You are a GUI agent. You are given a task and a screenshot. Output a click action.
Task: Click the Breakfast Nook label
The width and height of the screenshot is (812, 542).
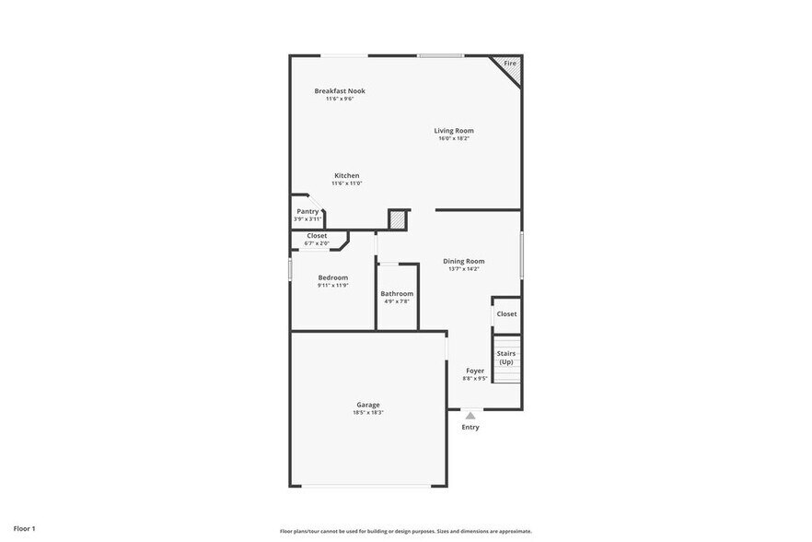point(340,90)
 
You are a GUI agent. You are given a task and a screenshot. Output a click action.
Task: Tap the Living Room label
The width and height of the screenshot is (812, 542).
point(454,131)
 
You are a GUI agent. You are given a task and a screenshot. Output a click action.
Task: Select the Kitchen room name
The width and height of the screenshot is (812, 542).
point(346,175)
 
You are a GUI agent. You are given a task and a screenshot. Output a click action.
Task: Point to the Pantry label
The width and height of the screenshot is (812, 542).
point(307,211)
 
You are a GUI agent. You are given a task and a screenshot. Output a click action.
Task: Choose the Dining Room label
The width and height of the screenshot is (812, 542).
point(463,261)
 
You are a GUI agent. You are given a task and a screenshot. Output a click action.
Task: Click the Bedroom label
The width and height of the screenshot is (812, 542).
point(332,277)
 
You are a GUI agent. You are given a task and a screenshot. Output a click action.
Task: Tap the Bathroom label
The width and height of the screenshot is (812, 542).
point(397,294)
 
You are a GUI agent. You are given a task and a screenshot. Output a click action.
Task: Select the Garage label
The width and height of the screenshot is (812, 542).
point(368,405)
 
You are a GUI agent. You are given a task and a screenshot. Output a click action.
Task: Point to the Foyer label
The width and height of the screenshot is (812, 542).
point(475,371)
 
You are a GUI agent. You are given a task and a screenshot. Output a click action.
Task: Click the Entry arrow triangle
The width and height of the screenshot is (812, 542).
point(470,416)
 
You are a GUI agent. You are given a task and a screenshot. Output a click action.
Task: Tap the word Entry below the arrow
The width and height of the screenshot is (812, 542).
point(470,427)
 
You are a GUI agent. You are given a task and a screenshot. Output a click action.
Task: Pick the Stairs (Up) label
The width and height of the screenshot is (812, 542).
point(506,357)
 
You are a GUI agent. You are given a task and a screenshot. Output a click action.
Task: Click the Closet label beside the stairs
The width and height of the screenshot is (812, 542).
point(506,313)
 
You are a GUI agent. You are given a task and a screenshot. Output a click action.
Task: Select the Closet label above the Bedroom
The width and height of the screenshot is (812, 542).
point(317,235)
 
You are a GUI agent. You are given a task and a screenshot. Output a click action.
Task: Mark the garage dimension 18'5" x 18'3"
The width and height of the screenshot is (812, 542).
point(368,412)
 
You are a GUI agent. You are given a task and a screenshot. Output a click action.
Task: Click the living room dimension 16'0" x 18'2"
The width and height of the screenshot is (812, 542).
point(454,138)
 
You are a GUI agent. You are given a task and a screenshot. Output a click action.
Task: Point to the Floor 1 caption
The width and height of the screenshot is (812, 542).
point(24,528)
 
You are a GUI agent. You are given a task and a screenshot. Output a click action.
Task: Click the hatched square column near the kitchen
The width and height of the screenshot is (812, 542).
point(397,219)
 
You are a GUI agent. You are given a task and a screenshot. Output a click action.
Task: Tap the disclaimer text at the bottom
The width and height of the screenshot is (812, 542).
point(405,531)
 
